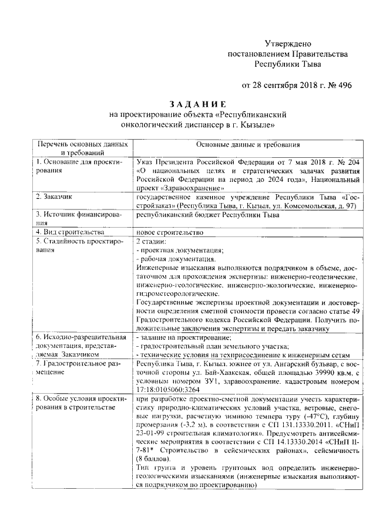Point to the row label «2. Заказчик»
pos(55,197)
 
